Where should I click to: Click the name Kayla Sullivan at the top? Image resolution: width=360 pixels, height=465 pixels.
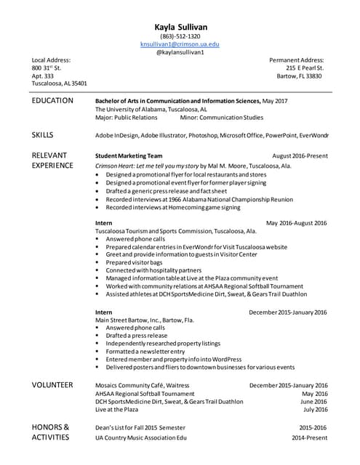[180, 27]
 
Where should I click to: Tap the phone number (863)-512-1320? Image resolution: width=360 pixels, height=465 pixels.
[180, 36]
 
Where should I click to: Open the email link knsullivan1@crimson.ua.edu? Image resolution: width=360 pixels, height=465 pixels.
[180, 44]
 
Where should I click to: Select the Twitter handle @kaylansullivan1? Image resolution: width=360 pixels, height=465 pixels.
[180, 52]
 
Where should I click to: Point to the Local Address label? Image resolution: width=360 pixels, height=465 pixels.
[51, 60]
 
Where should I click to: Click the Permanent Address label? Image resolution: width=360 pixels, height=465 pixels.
[296, 60]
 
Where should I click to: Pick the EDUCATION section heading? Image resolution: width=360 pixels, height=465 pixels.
[52, 101]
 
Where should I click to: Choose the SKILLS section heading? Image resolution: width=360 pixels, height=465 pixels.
[42, 134]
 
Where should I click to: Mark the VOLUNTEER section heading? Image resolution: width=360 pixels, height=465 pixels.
[52, 385]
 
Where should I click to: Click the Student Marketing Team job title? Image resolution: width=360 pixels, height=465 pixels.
[129, 155]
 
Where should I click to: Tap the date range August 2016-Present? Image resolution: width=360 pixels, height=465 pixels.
[300, 155]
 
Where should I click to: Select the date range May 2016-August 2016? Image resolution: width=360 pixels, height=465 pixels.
[297, 223]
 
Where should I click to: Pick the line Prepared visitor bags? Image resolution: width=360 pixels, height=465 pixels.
[135, 262]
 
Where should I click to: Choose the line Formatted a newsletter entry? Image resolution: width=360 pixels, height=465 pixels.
[145, 351]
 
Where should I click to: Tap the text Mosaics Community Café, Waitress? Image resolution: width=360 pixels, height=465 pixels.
[143, 385]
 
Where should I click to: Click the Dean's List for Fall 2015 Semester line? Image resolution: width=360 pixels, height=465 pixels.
[140, 428]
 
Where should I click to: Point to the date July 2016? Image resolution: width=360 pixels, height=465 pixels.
[314, 410]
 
